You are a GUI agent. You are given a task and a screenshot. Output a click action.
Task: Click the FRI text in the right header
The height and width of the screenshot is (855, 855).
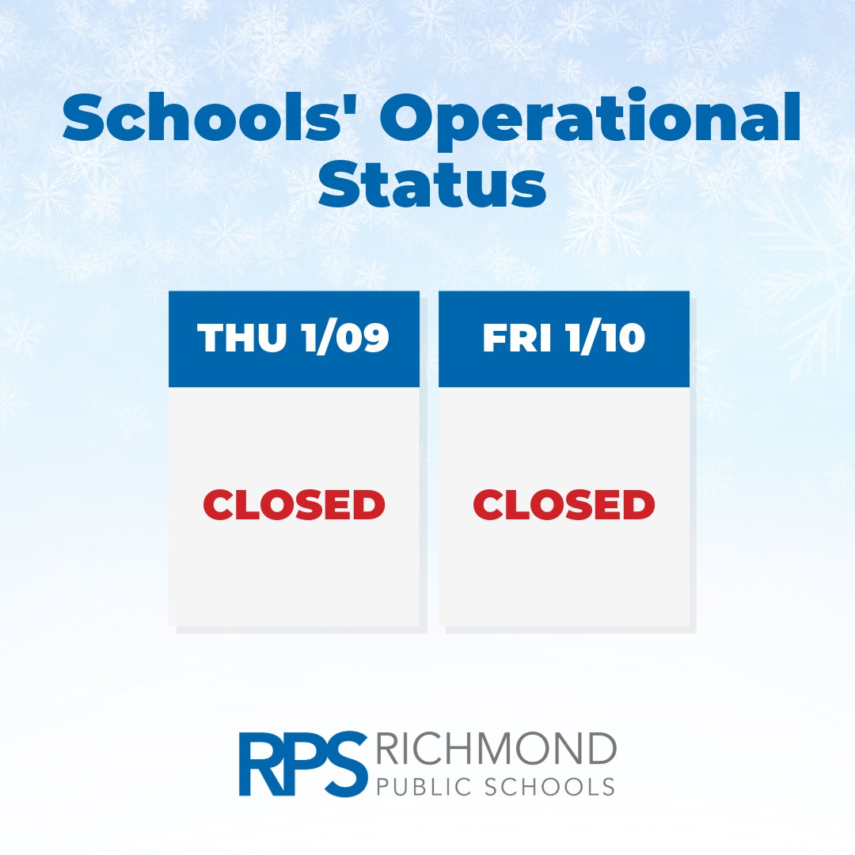(x=516, y=338)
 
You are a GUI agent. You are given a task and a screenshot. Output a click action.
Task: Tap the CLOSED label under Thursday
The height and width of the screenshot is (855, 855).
(x=294, y=504)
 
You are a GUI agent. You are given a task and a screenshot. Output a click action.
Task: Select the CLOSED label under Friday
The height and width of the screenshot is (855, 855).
(x=564, y=504)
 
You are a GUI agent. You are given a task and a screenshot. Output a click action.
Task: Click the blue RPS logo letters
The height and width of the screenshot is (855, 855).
(x=303, y=764)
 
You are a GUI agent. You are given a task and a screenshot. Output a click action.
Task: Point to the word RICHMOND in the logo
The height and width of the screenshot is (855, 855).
(x=496, y=749)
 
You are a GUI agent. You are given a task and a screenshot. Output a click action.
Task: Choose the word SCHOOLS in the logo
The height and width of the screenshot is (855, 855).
(x=546, y=787)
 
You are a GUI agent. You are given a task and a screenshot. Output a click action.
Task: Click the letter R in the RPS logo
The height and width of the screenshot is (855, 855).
(x=262, y=764)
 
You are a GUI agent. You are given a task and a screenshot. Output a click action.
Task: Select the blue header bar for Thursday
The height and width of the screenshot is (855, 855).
(x=294, y=339)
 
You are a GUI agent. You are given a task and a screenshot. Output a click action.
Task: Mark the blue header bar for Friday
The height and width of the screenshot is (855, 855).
(x=564, y=339)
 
